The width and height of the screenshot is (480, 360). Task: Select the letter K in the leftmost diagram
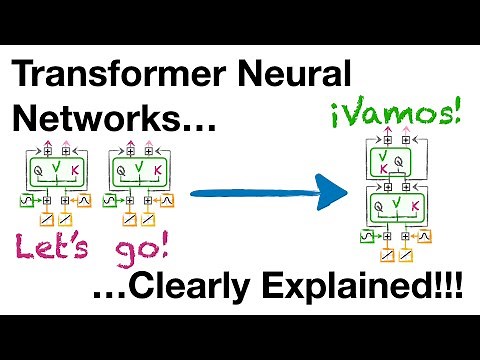[76, 170]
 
